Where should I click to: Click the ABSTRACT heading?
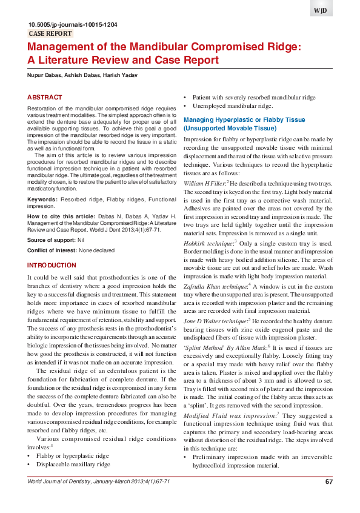tap(45, 98)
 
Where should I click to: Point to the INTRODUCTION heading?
tap(52, 266)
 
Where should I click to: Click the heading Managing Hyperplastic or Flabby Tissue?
tap(244, 120)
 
